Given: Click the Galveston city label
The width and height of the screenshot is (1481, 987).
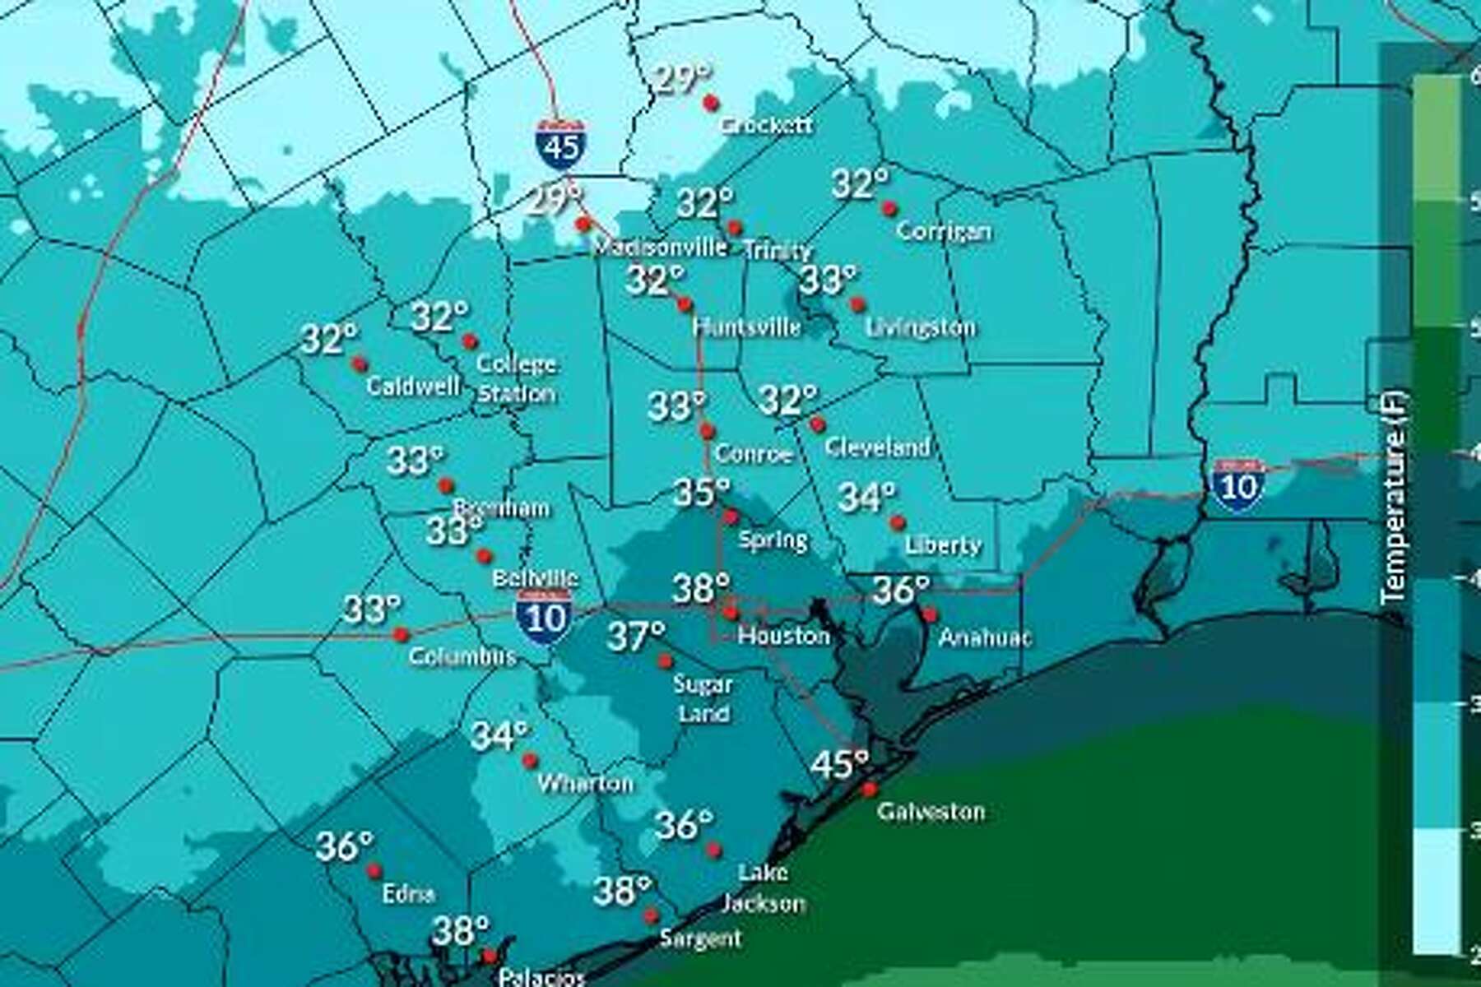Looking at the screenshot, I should [931, 812].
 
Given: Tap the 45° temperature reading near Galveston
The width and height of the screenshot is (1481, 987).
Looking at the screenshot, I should [839, 764].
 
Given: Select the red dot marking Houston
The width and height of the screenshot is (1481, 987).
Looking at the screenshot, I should [731, 613].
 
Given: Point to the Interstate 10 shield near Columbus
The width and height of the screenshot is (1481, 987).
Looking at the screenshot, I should [544, 616].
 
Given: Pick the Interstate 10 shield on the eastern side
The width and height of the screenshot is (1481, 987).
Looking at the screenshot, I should [1237, 486].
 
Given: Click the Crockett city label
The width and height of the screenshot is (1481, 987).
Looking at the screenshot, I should [766, 125].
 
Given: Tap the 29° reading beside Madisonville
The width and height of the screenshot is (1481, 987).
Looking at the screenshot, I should [554, 199].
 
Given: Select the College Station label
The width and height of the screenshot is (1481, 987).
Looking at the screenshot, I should [517, 378].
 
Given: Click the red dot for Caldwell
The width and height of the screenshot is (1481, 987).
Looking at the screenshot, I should [360, 364].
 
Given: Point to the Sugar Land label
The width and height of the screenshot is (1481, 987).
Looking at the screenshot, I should [703, 698].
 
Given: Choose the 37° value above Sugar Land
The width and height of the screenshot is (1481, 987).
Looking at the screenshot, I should [636, 636].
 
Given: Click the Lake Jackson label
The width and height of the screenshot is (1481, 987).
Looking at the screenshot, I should [763, 887].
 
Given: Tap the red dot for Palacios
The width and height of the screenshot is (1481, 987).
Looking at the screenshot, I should [490, 957].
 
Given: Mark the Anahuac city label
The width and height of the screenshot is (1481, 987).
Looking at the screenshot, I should [985, 637].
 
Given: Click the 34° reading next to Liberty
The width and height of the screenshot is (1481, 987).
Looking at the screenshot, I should [866, 497].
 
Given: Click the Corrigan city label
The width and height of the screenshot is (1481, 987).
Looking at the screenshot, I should [943, 231].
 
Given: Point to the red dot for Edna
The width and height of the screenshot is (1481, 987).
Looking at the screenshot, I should [374, 871].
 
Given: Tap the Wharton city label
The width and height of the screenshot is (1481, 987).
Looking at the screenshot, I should [585, 783].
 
